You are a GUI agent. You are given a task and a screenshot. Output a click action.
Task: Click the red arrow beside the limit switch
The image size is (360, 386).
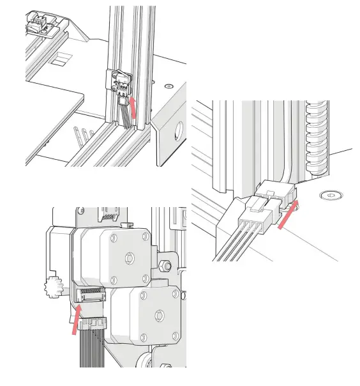pyautogui.click(x=133, y=106)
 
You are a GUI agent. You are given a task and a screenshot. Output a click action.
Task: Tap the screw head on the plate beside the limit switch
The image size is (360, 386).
pyautogui.click(x=169, y=86)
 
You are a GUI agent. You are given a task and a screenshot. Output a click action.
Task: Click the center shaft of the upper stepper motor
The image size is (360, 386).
pyautogui.click(x=130, y=258)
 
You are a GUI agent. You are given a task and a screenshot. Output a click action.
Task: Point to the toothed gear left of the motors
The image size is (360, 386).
pyautogui.click(x=51, y=287)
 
